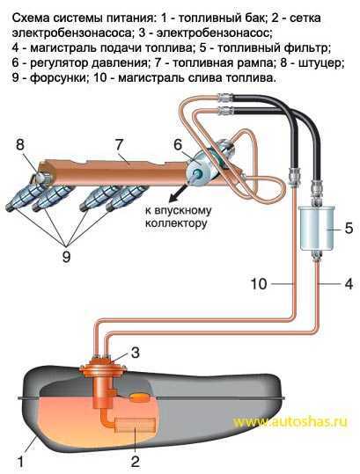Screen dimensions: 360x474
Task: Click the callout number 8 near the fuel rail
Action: pos(19,145)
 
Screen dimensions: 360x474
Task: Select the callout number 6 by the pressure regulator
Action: pos(178,144)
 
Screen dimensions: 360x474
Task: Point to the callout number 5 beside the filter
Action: pos(349,229)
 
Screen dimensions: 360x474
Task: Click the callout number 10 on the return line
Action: pos(259,284)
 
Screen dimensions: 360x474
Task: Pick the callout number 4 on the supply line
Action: pos(349,284)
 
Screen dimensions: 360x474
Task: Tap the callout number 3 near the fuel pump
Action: pos(135,353)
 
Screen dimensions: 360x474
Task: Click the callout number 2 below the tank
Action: pos(135,462)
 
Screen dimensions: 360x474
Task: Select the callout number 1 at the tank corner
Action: pos(20,462)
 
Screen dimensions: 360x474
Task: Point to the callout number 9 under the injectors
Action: pos(66,257)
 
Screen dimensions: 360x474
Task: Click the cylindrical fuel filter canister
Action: pos(316,228)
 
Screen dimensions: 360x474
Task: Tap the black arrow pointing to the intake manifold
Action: pos(179,193)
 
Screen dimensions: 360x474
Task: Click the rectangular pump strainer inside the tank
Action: pos(135,426)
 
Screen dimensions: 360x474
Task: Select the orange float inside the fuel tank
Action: pos(139,397)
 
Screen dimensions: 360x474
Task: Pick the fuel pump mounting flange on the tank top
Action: pos(103,366)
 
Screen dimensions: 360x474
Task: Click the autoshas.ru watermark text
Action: pos(290,421)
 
